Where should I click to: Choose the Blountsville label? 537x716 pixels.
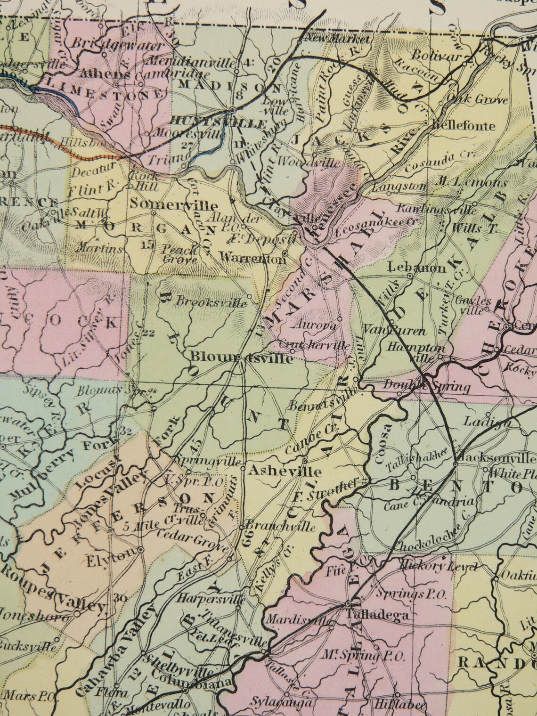(x=242, y=358)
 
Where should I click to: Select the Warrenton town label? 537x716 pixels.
(x=253, y=258)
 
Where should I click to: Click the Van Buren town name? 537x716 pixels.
(x=388, y=331)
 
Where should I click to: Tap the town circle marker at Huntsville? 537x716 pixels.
(x=232, y=110)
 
